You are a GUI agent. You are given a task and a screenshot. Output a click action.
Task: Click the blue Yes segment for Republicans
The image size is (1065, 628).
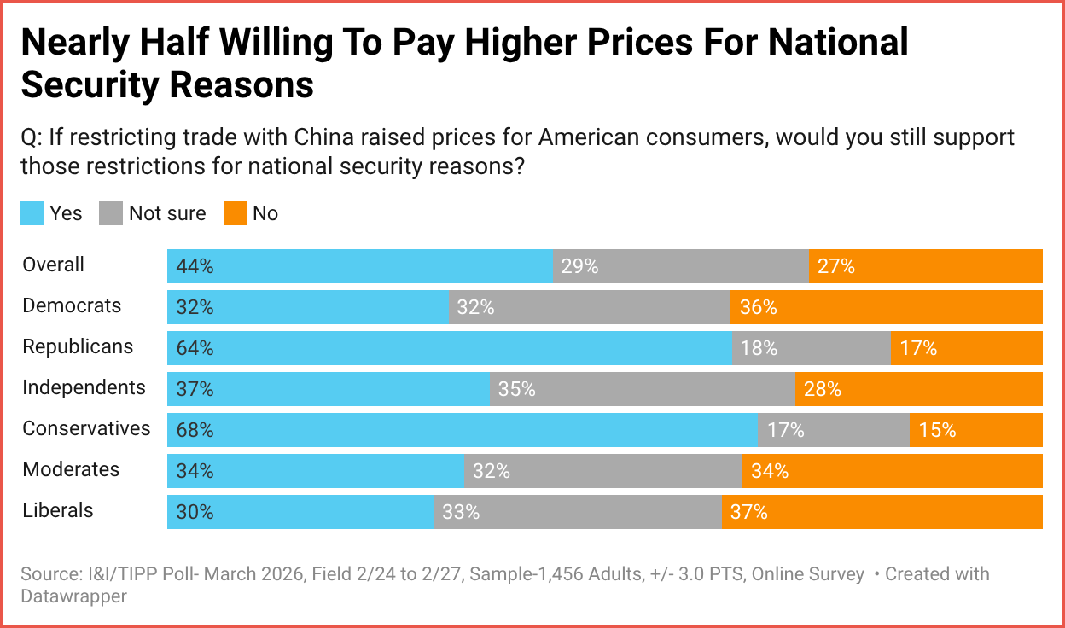pos(449,348)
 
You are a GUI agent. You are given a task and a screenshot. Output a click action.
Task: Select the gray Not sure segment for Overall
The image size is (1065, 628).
pos(680,266)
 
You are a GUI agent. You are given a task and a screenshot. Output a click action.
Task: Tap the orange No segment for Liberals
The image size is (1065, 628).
pos(882,512)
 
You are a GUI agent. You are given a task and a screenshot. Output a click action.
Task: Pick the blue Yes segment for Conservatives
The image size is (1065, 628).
pos(462,430)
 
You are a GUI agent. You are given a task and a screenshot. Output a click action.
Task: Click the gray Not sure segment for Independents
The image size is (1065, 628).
pos(642,389)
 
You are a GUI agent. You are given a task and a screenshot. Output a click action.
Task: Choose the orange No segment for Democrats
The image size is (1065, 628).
pos(886,307)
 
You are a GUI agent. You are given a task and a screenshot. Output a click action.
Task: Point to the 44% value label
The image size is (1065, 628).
pos(195,266)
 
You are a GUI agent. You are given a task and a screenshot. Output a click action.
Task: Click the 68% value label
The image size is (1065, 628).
pos(195,430)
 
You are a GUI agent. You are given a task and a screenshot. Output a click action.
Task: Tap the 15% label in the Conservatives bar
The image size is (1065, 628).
pos(937,430)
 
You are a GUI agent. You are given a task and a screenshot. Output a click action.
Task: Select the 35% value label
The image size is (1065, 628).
pos(516,389)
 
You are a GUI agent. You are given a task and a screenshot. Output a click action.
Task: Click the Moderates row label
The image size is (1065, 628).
pos(71,469)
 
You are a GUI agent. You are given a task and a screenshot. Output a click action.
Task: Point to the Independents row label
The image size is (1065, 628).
pos(84,387)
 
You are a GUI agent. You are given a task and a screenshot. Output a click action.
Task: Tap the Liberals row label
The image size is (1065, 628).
pos(58,510)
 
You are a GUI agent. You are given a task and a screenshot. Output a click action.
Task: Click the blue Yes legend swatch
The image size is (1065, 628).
pos(32,213)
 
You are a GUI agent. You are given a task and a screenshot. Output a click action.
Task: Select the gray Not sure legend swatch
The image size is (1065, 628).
pos(111,213)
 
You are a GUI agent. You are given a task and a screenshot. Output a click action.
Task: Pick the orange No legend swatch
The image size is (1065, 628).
pos(235,213)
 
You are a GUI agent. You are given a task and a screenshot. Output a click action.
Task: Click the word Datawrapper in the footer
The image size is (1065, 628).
pos(73,596)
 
